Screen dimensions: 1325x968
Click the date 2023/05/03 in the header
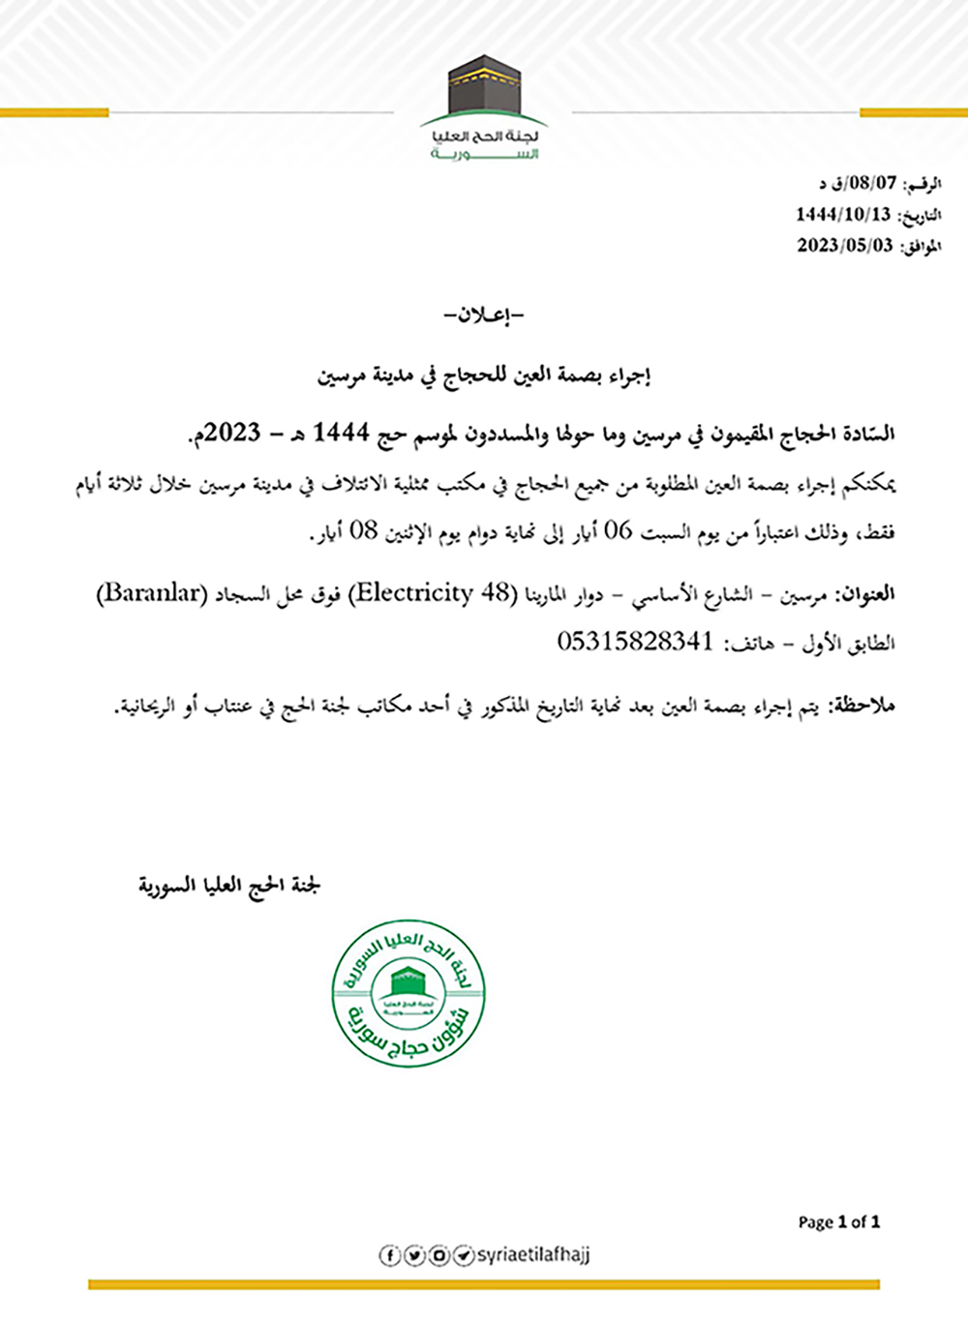[844, 246]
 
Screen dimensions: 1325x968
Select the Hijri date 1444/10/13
[843, 214]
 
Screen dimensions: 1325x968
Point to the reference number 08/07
[872, 182]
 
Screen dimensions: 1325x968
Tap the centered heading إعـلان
[483, 316]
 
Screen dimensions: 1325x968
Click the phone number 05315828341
[635, 642]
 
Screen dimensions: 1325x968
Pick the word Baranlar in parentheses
[152, 593]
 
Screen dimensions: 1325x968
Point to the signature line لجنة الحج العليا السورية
[229, 885]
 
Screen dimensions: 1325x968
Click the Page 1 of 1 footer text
[838, 1222]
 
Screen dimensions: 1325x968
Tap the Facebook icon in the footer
[389, 1255]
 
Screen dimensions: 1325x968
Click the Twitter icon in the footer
[414, 1255]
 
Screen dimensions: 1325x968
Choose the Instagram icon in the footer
[439, 1255]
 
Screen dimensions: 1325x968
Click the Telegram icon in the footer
[464, 1255]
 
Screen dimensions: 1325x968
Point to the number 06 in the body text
[618, 531]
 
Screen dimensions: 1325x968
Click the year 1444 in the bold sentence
[342, 433]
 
